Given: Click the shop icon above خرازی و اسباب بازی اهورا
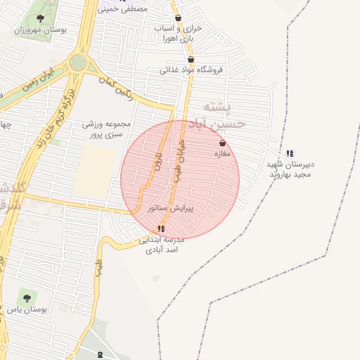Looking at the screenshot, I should click(x=178, y=18).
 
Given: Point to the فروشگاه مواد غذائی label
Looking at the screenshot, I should click(x=191, y=70).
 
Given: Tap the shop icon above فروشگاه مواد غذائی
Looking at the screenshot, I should click(x=191, y=60).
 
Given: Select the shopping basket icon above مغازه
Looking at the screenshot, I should click(x=222, y=143).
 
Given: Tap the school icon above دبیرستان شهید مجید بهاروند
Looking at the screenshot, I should click(x=290, y=153).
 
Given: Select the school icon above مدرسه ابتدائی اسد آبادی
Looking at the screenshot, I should click(x=162, y=229).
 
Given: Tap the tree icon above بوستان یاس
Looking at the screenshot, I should click(x=27, y=298).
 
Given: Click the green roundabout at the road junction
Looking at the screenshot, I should click(x=78, y=63).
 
